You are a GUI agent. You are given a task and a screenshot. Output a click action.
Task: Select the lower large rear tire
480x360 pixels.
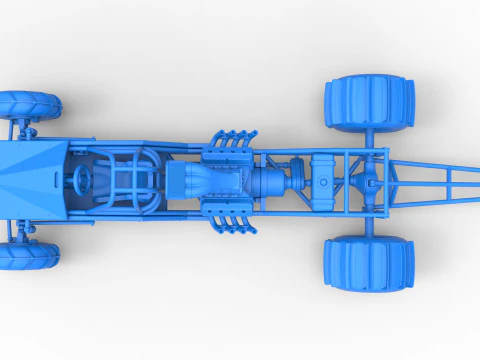pos(368,264)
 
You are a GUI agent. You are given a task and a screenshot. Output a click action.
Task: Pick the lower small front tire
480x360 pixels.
pos(28,256)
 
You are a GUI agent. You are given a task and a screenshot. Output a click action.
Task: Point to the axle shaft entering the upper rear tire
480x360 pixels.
pos(371,140)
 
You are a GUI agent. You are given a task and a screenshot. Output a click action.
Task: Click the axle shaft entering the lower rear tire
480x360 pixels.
pos(371,224)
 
